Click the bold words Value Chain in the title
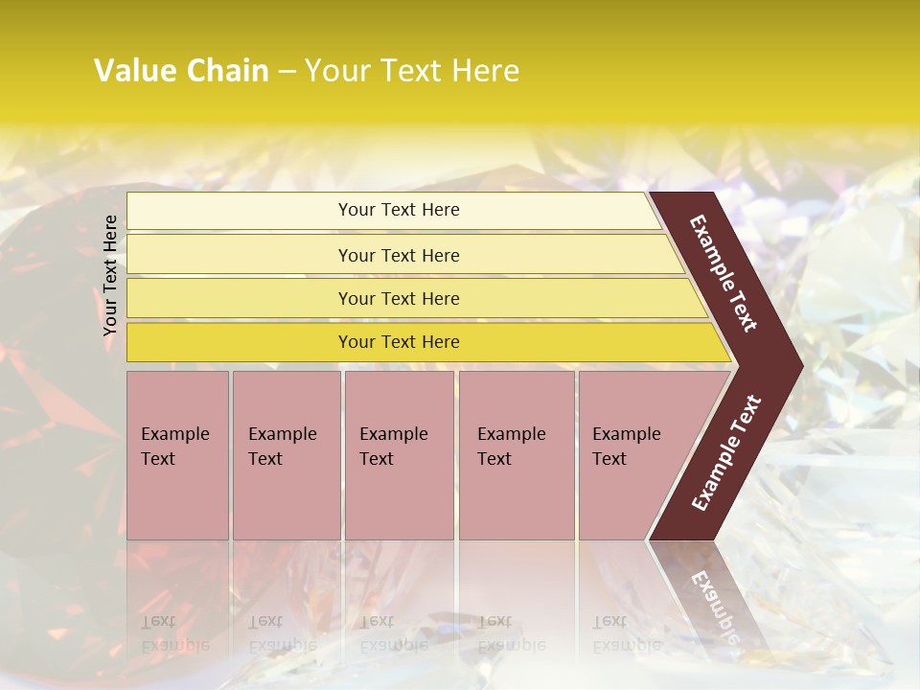[x=181, y=71]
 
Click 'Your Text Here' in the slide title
[x=412, y=71]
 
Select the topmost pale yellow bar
[x=398, y=210]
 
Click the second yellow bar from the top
[x=398, y=255]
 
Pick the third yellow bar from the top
[x=398, y=298]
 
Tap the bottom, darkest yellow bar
[x=398, y=342]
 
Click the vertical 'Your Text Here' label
[x=110, y=275]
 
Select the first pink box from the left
[x=177, y=455]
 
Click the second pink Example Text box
[x=286, y=455]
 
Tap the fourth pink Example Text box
[x=516, y=455]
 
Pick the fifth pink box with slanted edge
[x=632, y=455]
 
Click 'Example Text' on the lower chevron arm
[x=725, y=452]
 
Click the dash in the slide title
[x=287, y=72]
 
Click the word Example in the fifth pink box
[x=626, y=434]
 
